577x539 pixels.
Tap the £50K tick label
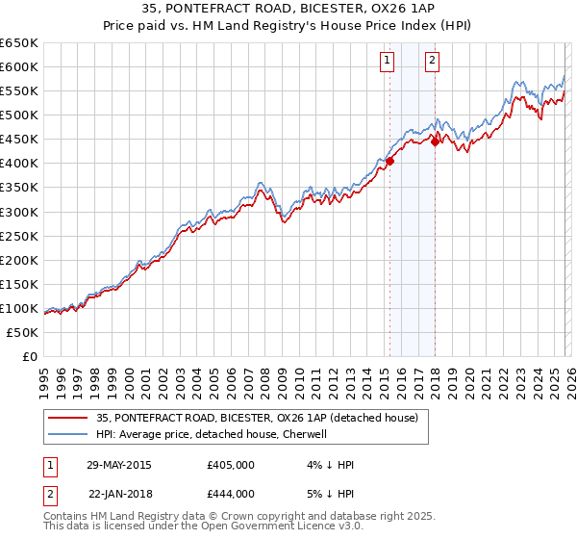22,332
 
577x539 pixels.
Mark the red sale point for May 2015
390,161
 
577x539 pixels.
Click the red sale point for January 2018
435,142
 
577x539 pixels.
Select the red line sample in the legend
67,418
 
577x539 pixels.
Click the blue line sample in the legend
67,434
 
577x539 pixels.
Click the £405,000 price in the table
230,465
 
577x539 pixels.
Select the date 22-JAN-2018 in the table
121,494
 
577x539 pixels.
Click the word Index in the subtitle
371,27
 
